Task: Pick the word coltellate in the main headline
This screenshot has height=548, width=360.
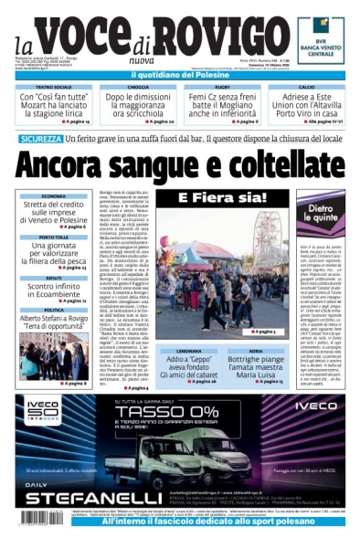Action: point(252,165)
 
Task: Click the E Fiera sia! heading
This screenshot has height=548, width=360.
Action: point(208,198)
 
